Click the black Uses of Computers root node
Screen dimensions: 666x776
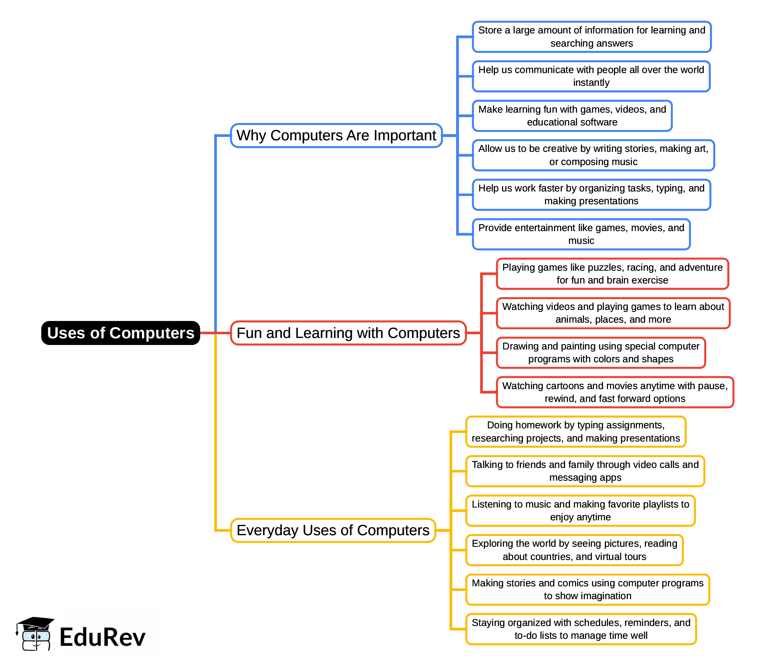pyautogui.click(x=121, y=333)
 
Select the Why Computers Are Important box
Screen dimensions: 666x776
pyautogui.click(x=336, y=135)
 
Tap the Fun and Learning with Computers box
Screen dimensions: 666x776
pyautogui.click(x=348, y=333)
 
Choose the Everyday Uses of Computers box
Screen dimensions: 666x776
pyautogui.click(x=333, y=530)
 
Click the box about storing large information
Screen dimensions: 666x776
pyautogui.click(x=591, y=37)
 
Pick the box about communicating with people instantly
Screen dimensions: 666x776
pyautogui.click(x=591, y=76)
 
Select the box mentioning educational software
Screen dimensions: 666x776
pyautogui.click(x=572, y=116)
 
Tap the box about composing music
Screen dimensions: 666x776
pyautogui.click(x=593, y=155)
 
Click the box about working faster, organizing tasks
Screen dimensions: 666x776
pyautogui.click(x=591, y=195)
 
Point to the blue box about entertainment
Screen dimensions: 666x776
pyautogui.click(x=581, y=234)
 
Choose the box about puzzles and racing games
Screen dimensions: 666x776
pyautogui.click(x=612, y=274)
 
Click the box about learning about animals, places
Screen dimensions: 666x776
pyautogui.click(x=613, y=313)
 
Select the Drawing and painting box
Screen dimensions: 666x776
pyautogui.click(x=601, y=353)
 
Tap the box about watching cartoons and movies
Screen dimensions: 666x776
pyautogui.click(x=615, y=392)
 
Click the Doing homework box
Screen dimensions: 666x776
pyautogui.click(x=575, y=432)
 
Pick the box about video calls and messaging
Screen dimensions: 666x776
pyautogui.click(x=585, y=471)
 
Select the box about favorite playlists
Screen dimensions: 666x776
pyautogui.click(x=580, y=511)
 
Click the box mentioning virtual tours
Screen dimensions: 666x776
pyautogui.click(x=574, y=550)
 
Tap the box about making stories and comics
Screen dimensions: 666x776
pyautogui.click(x=587, y=590)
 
